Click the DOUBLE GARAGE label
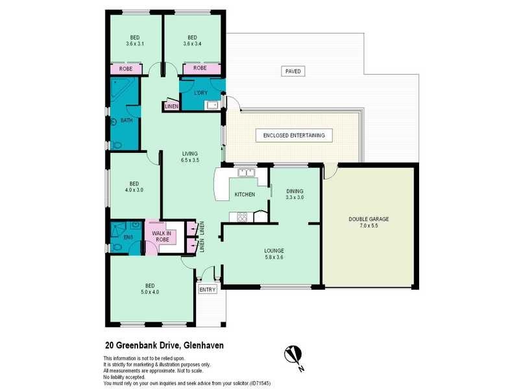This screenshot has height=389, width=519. click(x=368, y=222)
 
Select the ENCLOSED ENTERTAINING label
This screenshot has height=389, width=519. click(x=294, y=136)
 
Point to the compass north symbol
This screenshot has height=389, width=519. click(x=293, y=355)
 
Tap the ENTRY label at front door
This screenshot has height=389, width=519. click(x=208, y=289)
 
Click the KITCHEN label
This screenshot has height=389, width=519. click(x=245, y=194)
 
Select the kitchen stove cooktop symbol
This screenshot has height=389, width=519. click(x=242, y=218)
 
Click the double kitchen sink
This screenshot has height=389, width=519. click(x=246, y=173)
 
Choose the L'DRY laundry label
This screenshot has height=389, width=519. click(x=201, y=93)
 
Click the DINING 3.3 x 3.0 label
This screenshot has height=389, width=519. click(x=295, y=193)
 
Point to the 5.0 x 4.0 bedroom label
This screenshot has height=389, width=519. click(x=150, y=289)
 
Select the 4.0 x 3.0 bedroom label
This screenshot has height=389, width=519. click(x=134, y=187)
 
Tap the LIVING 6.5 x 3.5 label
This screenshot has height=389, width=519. click(x=189, y=156)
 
